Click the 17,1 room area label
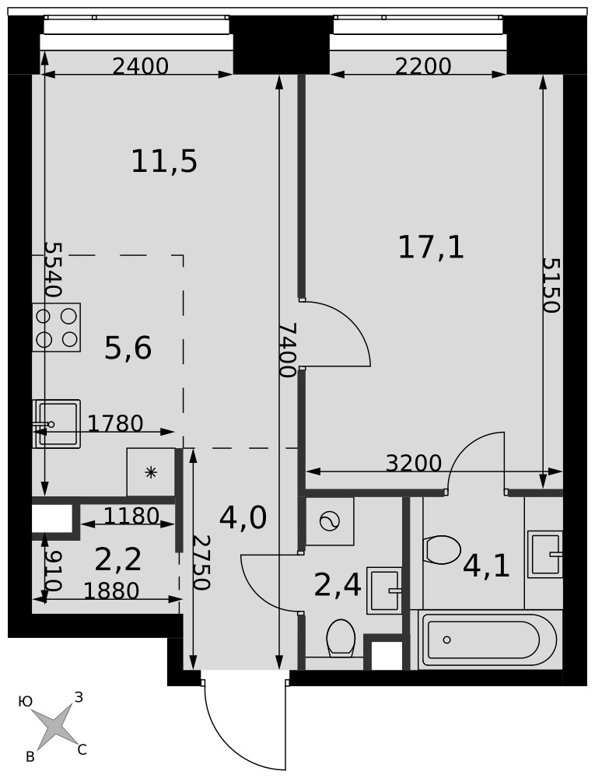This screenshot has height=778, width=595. tap(432, 248)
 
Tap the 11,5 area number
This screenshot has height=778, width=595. tap(164, 162)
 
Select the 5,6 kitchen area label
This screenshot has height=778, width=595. tap(128, 348)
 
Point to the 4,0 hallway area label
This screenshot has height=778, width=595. tap(243, 518)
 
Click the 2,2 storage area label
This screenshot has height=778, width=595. tap(118, 559)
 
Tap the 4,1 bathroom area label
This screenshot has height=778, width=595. tap(486, 566)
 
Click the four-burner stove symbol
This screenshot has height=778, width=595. tap(57, 328)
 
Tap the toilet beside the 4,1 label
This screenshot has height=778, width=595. tap(443, 550)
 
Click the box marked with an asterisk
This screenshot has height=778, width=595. tap(151, 472)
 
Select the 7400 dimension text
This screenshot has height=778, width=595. tap(288, 350)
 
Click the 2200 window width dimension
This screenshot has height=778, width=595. tap(423, 66)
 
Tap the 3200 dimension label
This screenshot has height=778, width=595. tap(414, 463)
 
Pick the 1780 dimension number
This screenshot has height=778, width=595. tap(116, 423)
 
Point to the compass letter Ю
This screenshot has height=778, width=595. tap(25, 701)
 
